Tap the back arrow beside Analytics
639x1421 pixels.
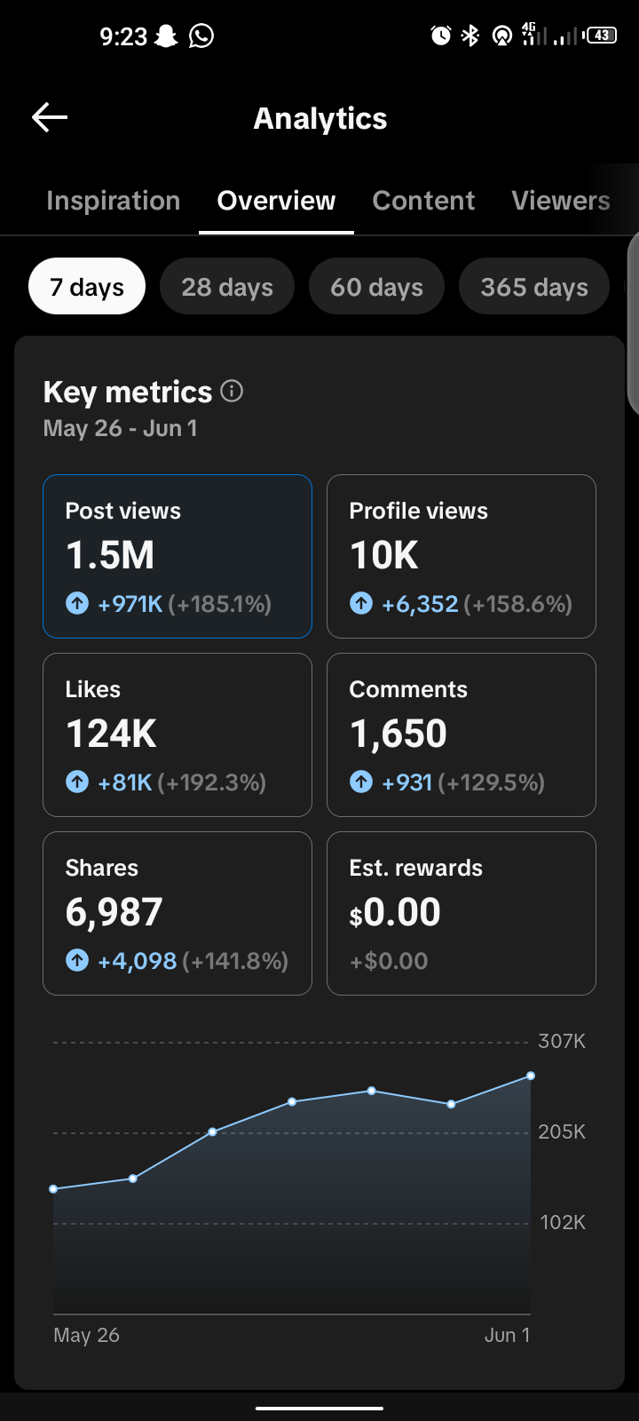(50, 117)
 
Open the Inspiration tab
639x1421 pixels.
(114, 201)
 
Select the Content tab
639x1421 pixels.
(423, 201)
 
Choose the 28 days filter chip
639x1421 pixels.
(227, 287)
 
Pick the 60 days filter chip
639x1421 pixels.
(376, 287)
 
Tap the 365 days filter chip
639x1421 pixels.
(533, 287)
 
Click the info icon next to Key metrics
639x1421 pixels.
(232, 391)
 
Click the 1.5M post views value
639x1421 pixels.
(110, 555)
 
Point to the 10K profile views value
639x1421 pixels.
(384, 555)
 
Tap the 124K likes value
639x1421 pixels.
(112, 734)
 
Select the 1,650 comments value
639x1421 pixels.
(398, 734)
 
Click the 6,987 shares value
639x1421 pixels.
(114, 912)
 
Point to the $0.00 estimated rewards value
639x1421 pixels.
(395, 912)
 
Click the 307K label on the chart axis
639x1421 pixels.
(562, 1041)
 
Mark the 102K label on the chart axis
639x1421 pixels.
(563, 1222)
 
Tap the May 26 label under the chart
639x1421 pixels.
(86, 1335)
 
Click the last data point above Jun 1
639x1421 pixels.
(531, 1076)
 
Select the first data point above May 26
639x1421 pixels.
(53, 1189)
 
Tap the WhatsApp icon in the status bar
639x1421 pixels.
(201, 36)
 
